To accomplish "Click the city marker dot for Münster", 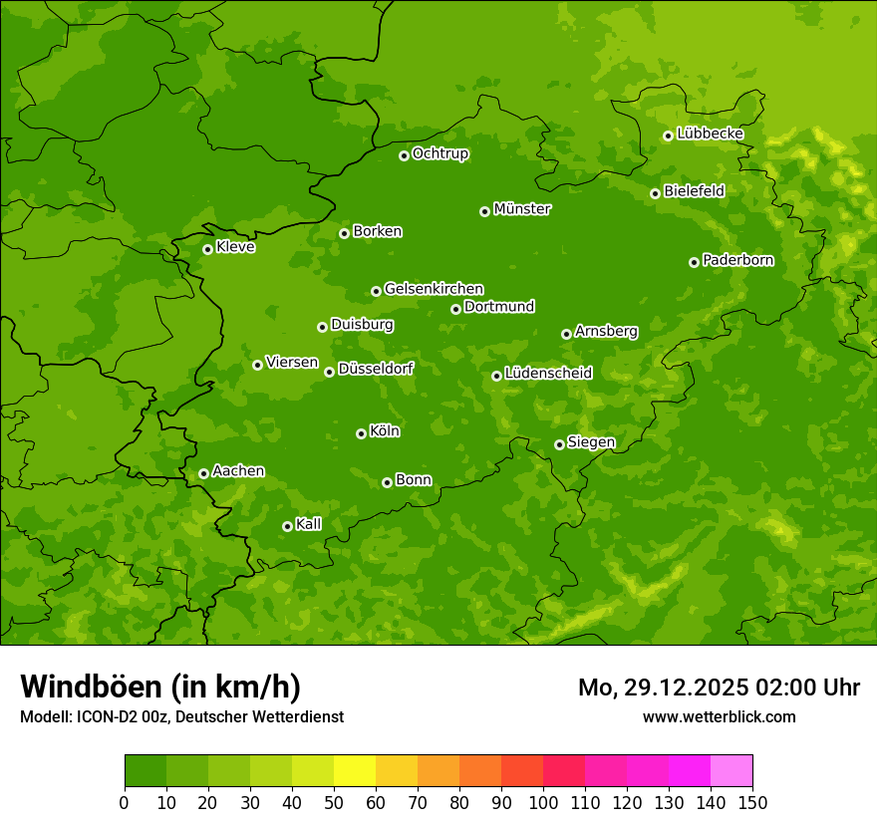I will pyautogui.click(x=485, y=211).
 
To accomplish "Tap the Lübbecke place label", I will pyautogui.click(x=710, y=134).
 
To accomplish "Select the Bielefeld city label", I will pyautogui.click(x=694, y=190).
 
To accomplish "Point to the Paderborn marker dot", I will pyautogui.click(x=695, y=262).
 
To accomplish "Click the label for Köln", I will pyautogui.click(x=384, y=431).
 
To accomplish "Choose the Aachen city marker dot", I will pyautogui.click(x=204, y=473).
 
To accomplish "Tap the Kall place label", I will pyautogui.click(x=308, y=524).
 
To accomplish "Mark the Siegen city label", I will pyautogui.click(x=591, y=442).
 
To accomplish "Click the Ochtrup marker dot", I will pyautogui.click(x=405, y=155).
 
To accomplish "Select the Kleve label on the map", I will pyautogui.click(x=235, y=247).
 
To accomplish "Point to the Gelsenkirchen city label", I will pyautogui.click(x=434, y=289).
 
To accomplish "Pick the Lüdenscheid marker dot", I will pyautogui.click(x=497, y=376).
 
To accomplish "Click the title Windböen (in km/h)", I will pyautogui.click(x=160, y=687).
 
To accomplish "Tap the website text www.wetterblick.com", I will pyautogui.click(x=719, y=716).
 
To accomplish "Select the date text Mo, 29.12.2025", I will pyautogui.click(x=669, y=688).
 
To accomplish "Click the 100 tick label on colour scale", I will pyautogui.click(x=543, y=802).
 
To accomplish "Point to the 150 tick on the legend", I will pyautogui.click(x=752, y=802).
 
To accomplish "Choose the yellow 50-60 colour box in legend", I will pyautogui.click(x=355, y=771).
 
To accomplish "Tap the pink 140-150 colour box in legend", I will pyautogui.click(x=731, y=771).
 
